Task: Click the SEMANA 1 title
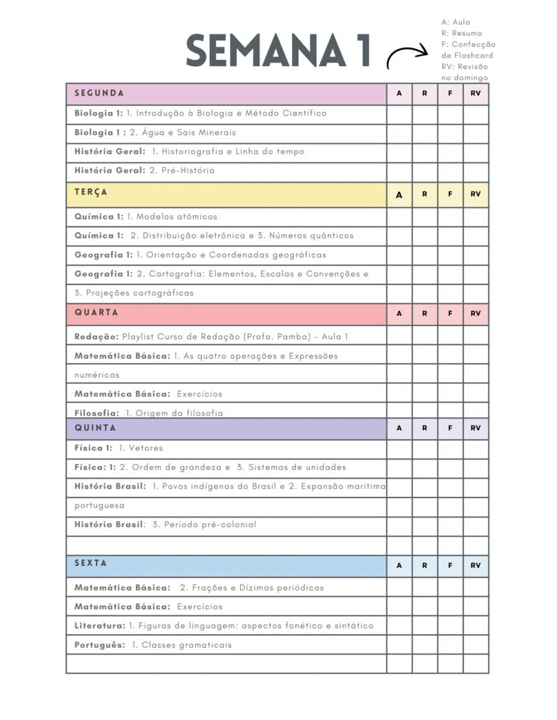point(278,51)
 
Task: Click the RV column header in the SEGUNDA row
point(476,94)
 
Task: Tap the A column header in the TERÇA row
point(399,194)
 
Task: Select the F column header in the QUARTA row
point(450,314)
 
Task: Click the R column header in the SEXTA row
point(424,566)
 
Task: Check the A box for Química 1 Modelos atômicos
point(399,216)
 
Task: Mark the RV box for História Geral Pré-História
point(476,171)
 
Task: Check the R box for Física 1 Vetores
point(424,448)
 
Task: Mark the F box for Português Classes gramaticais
point(450,645)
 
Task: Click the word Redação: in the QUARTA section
point(97,337)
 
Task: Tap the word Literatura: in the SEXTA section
point(100,626)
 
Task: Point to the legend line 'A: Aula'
point(455,22)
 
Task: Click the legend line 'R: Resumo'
point(461,33)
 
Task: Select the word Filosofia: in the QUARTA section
point(97,413)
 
